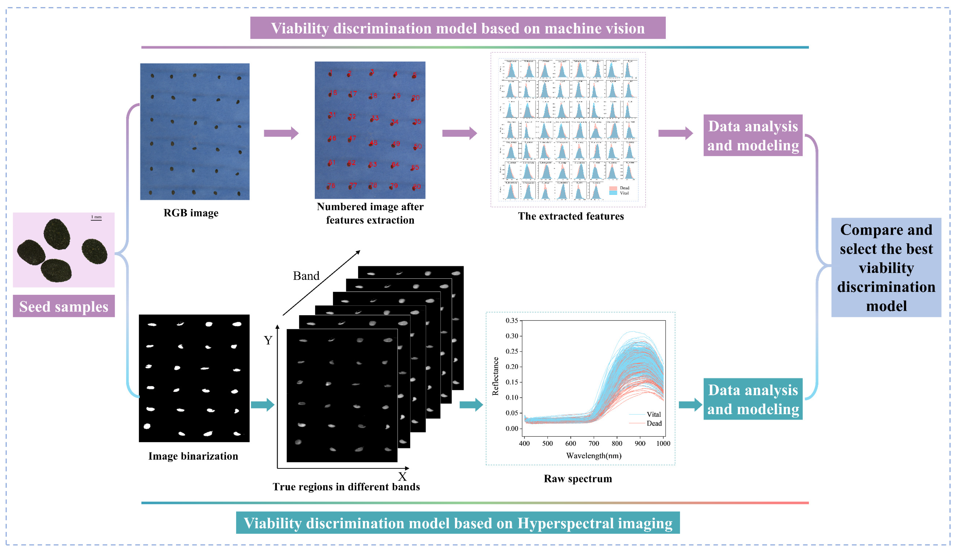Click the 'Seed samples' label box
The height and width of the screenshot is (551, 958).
pyautogui.click(x=64, y=306)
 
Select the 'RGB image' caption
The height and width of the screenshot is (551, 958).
pyautogui.click(x=191, y=213)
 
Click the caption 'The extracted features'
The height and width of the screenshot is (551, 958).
pyautogui.click(x=571, y=216)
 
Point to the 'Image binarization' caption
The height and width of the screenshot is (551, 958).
pyautogui.click(x=193, y=456)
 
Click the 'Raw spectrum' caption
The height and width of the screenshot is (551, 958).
pyautogui.click(x=577, y=479)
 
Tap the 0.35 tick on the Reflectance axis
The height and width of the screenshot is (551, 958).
pyautogui.click(x=512, y=321)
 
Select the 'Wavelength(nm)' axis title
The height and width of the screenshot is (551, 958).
pyautogui.click(x=593, y=456)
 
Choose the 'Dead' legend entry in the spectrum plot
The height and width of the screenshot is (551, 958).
pyautogui.click(x=654, y=423)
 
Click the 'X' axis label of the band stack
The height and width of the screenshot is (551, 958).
pyautogui.click(x=402, y=477)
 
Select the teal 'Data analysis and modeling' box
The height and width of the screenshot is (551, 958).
pyautogui.click(x=753, y=399)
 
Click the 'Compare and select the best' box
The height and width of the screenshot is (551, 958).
pyautogui.click(x=886, y=267)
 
